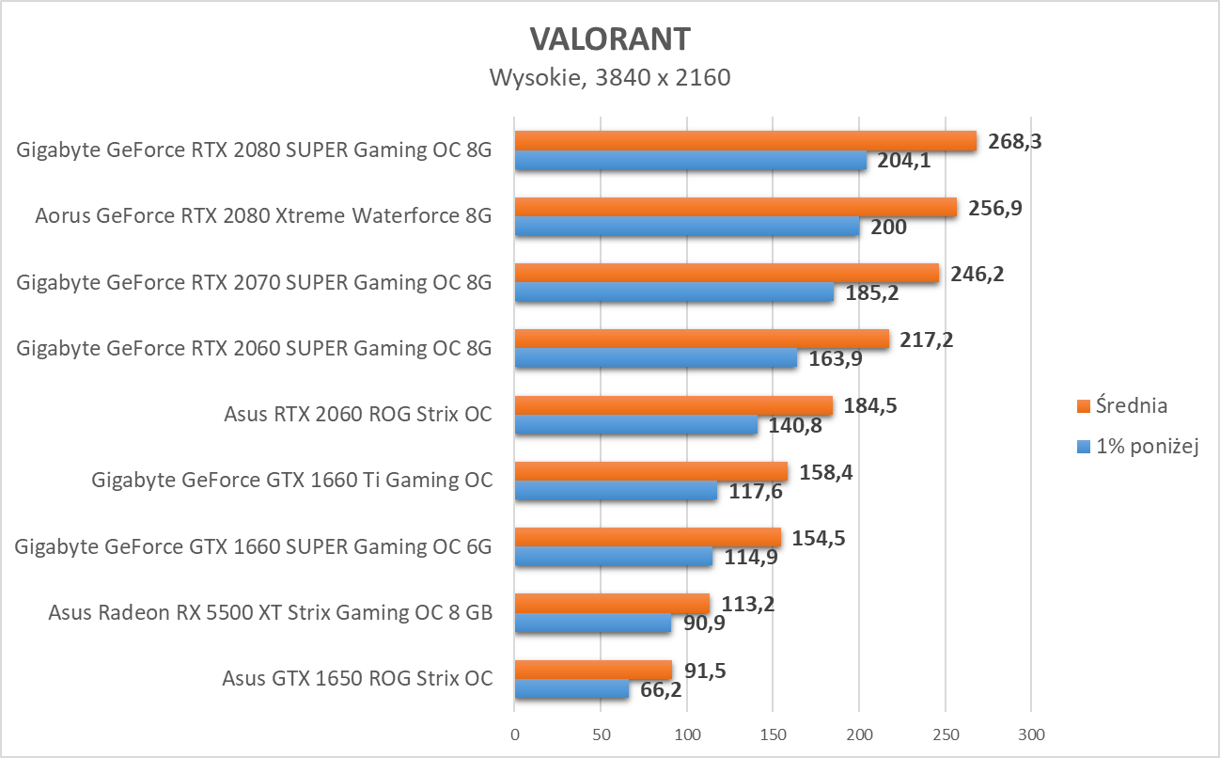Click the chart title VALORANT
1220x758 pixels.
click(x=609, y=39)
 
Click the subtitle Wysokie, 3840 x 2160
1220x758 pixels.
click(x=609, y=77)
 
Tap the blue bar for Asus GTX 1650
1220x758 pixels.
click(x=571, y=688)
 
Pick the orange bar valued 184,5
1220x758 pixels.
click(x=673, y=405)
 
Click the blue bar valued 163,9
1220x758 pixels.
click(x=656, y=358)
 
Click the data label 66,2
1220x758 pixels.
click(x=661, y=690)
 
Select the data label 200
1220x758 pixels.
click(x=888, y=227)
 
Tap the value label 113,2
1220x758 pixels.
click(x=748, y=603)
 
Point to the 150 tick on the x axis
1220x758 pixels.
click(x=773, y=734)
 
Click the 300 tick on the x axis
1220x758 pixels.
click(x=1031, y=734)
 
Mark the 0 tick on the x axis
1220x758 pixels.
click(x=514, y=734)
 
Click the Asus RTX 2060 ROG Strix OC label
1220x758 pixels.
click(x=358, y=414)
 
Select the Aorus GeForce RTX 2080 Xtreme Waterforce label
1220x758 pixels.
click(x=263, y=216)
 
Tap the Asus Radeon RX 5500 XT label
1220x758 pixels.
click(x=271, y=613)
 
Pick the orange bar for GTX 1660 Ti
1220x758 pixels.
click(x=650, y=471)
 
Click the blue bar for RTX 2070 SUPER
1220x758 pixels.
click(x=674, y=292)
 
